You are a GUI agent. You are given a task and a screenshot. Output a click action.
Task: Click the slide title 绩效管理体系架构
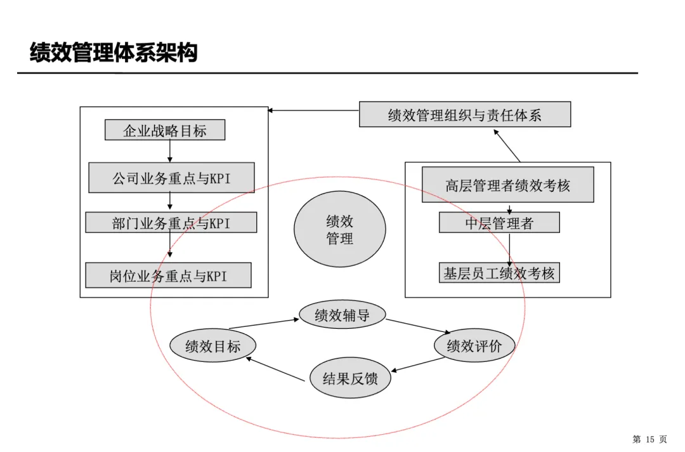(x=114, y=53)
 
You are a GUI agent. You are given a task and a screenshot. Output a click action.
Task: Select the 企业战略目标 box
(x=165, y=131)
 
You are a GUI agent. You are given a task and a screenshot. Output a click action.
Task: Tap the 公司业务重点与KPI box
(x=171, y=178)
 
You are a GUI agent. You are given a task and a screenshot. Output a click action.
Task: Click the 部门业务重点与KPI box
(x=171, y=223)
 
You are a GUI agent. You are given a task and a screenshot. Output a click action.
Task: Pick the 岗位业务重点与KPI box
(x=168, y=276)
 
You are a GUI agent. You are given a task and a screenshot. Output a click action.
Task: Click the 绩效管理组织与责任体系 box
(x=465, y=115)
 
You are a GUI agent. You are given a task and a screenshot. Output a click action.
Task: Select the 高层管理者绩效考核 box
(x=507, y=185)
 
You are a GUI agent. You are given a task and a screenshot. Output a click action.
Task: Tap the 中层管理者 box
(x=499, y=223)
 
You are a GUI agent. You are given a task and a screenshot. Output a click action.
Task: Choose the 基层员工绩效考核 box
(x=499, y=274)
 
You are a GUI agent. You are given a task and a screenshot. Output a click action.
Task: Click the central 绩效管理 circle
(x=340, y=229)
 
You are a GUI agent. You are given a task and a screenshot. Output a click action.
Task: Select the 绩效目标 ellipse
(x=213, y=346)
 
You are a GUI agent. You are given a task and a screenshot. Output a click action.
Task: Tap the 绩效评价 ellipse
(x=474, y=346)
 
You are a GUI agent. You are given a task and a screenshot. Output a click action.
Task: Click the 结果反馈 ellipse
(x=350, y=379)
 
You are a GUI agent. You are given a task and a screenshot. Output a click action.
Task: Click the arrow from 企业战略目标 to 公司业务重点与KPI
(x=170, y=151)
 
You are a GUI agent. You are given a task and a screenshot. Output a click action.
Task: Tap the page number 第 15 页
(x=649, y=439)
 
